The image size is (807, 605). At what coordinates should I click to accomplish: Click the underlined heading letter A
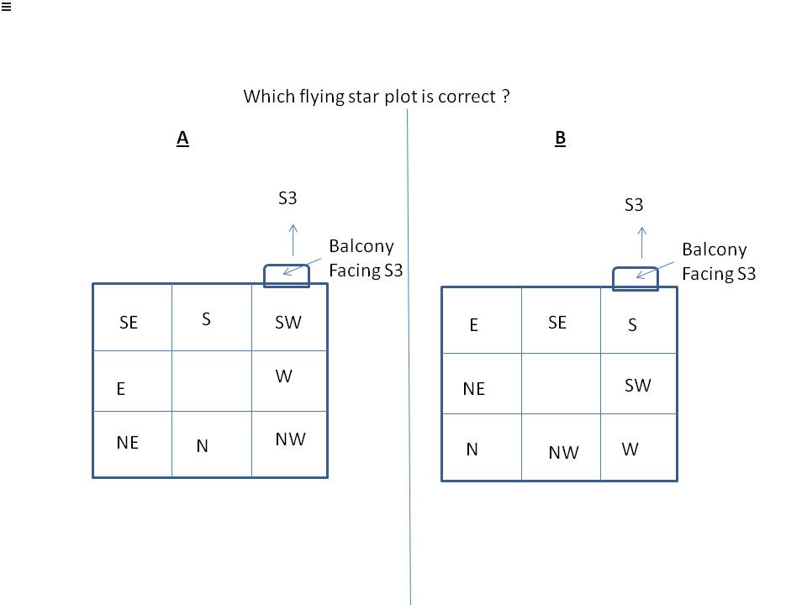pyautogui.click(x=182, y=139)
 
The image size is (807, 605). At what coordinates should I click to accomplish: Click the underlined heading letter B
pyautogui.click(x=561, y=139)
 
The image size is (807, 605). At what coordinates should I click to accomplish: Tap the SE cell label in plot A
pyautogui.click(x=129, y=322)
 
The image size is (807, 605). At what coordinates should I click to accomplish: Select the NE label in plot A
pyautogui.click(x=128, y=442)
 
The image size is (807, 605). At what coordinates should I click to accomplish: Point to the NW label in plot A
pyautogui.click(x=290, y=439)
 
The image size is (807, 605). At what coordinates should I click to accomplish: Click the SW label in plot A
pyautogui.click(x=288, y=322)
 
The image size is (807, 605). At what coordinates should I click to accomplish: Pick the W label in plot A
pyautogui.click(x=284, y=376)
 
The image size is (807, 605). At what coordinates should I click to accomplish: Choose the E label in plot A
pyautogui.click(x=121, y=389)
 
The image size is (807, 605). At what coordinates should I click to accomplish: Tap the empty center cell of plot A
pyautogui.click(x=211, y=381)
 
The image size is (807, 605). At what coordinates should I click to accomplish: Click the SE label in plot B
pyautogui.click(x=557, y=322)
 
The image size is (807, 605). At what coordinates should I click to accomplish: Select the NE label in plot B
pyautogui.click(x=474, y=388)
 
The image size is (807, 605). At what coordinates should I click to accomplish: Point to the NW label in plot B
pyautogui.click(x=563, y=453)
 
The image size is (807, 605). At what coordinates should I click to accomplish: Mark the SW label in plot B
pyautogui.click(x=638, y=385)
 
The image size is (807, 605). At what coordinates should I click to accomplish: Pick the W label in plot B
pyautogui.click(x=630, y=449)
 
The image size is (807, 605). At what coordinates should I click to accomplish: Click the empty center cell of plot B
pyautogui.click(x=561, y=383)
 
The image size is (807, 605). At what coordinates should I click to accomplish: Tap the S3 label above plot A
pyautogui.click(x=287, y=199)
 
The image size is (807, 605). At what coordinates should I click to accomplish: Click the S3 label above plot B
pyautogui.click(x=634, y=205)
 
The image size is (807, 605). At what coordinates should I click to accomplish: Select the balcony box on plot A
pyautogui.click(x=287, y=276)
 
